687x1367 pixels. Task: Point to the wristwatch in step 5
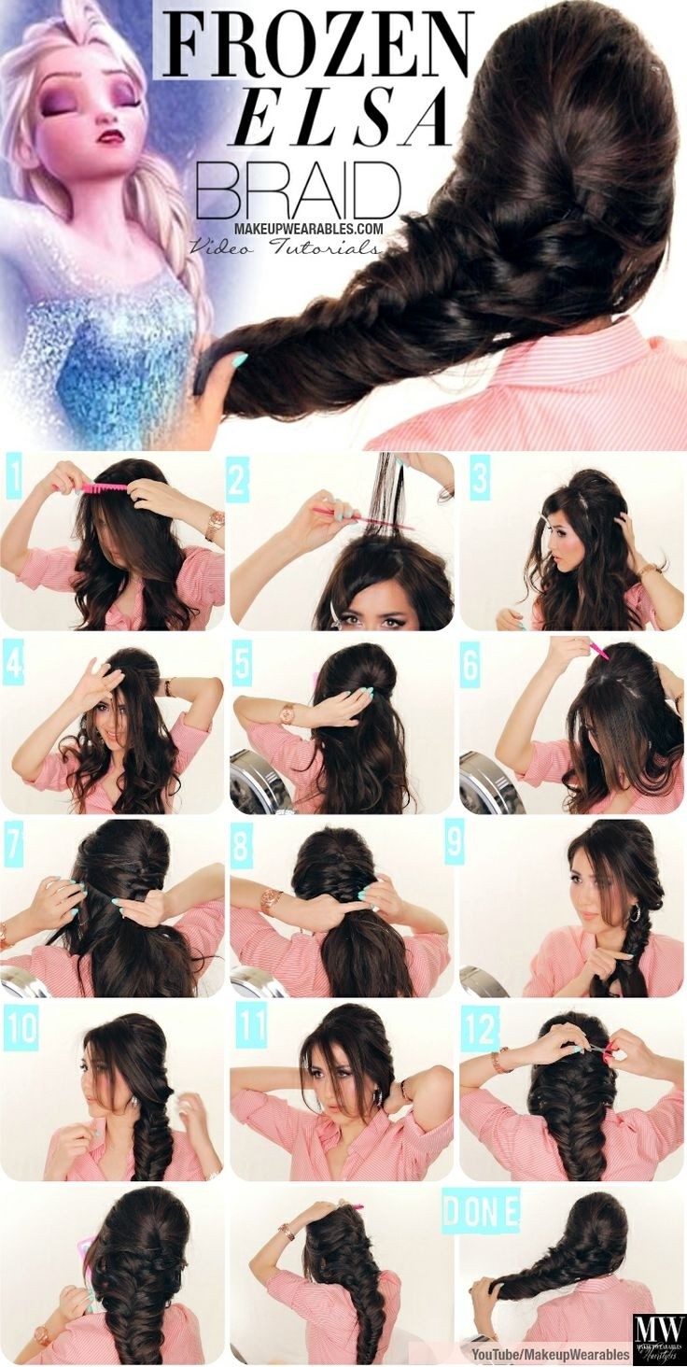pos(285,712)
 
